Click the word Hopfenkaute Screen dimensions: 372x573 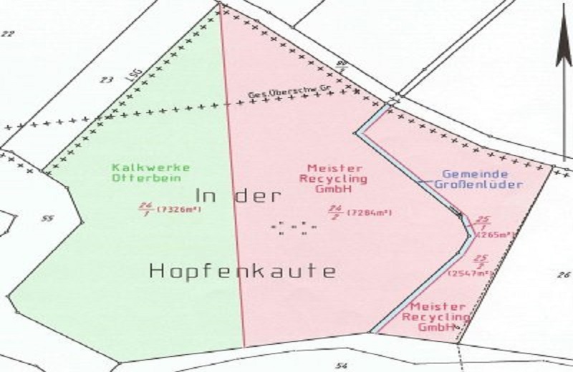(x=242, y=271)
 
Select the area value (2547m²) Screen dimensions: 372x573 (x=471, y=273)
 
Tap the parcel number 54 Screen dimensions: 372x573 (x=341, y=366)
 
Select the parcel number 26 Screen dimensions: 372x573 (x=562, y=274)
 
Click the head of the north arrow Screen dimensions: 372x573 (x=564, y=43)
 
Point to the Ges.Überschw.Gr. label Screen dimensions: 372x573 (x=279, y=94)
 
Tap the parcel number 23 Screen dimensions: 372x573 (x=107, y=79)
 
